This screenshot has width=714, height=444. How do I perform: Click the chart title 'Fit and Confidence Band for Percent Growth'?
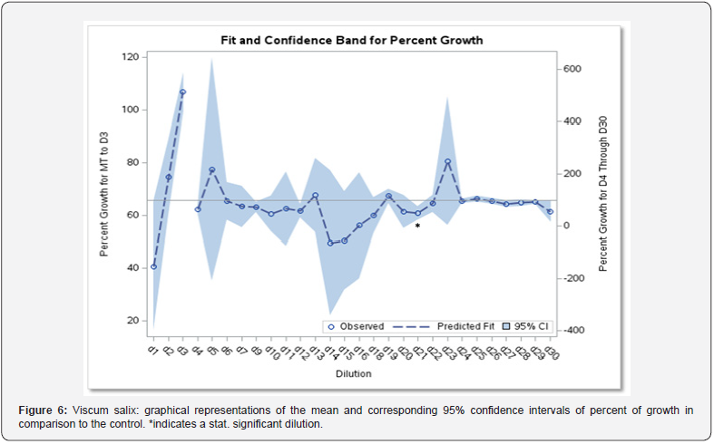point(351,40)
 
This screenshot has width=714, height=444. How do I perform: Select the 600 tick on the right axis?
point(572,69)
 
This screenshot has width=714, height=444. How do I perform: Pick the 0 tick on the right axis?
point(566,226)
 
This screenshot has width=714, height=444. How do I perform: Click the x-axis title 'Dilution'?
point(352,372)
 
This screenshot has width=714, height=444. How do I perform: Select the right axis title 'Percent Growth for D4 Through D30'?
point(602,192)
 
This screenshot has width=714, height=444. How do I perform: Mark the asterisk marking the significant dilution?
point(417,226)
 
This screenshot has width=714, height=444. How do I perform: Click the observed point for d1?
point(153,266)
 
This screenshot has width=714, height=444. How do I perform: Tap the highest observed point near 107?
point(182,92)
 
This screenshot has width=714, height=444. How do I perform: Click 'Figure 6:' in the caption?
point(43,410)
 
